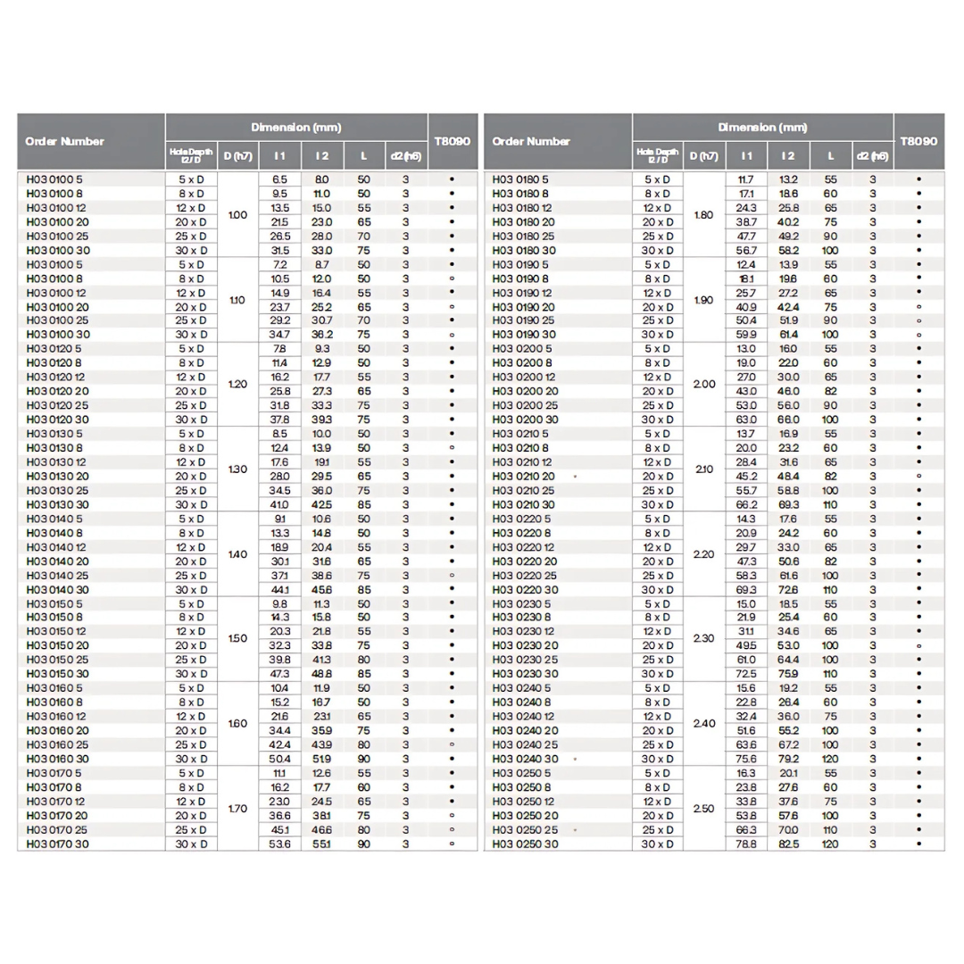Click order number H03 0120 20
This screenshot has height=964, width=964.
tap(57, 391)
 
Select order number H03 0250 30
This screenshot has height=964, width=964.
tap(525, 844)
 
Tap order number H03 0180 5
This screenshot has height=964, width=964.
tap(520, 179)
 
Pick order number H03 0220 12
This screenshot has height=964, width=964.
tap(523, 547)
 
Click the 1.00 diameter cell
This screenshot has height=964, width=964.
tap(237, 215)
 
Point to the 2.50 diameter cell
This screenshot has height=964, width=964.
tap(704, 809)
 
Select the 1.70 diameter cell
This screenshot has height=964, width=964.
tap(237, 809)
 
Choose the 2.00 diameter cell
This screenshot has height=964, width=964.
tap(704, 384)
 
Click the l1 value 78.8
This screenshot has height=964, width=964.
tap(746, 844)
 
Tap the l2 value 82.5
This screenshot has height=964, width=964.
tap(788, 844)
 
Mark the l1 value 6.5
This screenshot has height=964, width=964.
tap(279, 179)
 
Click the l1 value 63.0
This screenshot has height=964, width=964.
tap(746, 420)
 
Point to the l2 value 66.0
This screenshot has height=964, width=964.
tap(788, 420)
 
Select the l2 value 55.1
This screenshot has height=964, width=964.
tap(321, 844)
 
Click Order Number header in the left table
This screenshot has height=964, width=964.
tap(64, 141)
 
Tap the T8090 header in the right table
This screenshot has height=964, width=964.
tap(918, 141)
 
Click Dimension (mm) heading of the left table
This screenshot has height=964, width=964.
tap(295, 128)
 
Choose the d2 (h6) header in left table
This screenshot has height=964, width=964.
tap(405, 156)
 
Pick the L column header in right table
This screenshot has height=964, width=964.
tap(831, 156)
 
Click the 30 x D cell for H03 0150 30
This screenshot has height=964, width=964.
tap(191, 674)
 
